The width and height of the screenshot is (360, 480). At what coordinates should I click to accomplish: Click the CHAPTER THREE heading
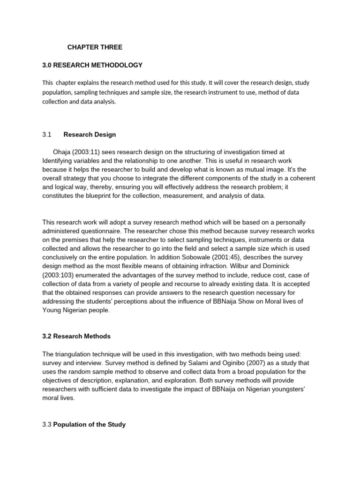95,47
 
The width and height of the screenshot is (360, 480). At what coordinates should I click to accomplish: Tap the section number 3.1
46,135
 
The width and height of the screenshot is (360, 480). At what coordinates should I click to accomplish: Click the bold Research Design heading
89,135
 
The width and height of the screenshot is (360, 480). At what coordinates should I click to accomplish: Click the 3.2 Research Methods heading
76,337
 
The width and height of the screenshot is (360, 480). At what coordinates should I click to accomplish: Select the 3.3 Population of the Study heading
84,425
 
